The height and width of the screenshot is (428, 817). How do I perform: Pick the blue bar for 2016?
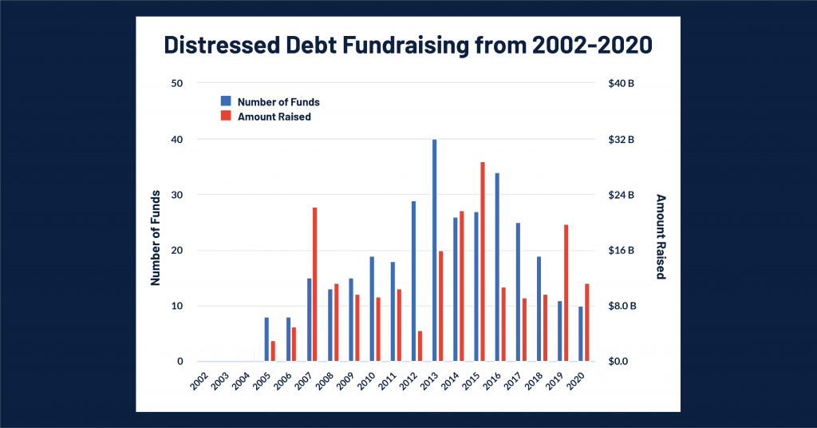497,267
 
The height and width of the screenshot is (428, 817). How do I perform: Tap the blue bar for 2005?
266,339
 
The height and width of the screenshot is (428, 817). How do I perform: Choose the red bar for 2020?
586,323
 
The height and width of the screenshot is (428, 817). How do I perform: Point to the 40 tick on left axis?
177,140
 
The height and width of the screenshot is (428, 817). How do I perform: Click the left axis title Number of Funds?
156,238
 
